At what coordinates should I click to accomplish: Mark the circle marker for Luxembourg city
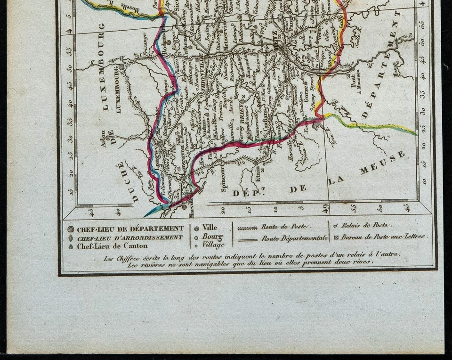click(121, 67)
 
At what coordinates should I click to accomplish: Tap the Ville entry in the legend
click(210, 227)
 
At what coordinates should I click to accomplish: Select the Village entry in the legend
click(213, 244)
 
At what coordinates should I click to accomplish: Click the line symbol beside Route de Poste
click(248, 228)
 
